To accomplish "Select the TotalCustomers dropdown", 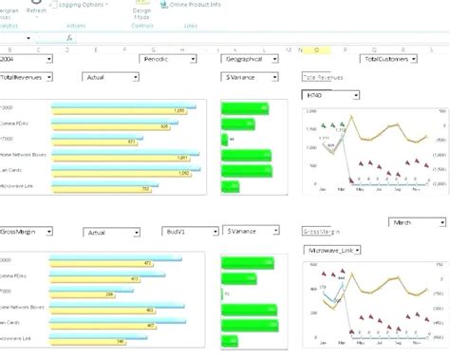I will click(390, 59).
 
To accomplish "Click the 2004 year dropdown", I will click(26, 59).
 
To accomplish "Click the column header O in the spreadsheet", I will click(314, 48).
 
